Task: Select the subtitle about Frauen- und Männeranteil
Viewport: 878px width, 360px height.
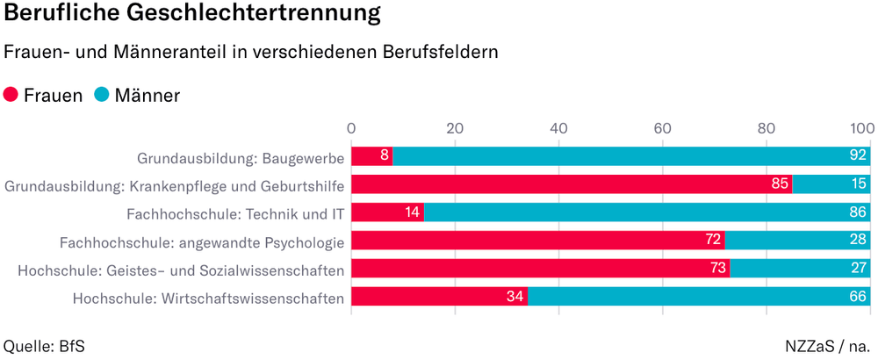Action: pos(251,52)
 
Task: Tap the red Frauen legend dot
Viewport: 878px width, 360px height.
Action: pos(11,95)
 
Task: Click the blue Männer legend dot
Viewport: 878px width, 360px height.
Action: pos(102,95)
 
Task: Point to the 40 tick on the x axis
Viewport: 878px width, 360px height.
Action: pos(558,128)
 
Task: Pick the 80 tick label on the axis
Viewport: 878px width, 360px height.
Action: pos(766,128)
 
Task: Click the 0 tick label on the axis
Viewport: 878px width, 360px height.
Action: pos(351,128)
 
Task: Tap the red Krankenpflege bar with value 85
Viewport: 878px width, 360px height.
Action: pos(571,184)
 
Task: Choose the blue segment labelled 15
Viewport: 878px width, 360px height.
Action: pos(831,184)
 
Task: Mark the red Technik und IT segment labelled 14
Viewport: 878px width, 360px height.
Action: pos(387,212)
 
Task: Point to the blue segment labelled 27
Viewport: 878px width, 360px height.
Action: pos(800,269)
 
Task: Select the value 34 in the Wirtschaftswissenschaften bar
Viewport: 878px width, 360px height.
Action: pos(515,297)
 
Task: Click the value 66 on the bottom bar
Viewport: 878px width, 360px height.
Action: pos(858,297)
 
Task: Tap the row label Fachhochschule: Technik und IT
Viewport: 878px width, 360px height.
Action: pos(234,213)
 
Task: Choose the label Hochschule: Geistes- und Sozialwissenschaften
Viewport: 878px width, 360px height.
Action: pos(180,270)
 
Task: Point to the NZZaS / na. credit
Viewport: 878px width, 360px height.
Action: pos(829,345)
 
